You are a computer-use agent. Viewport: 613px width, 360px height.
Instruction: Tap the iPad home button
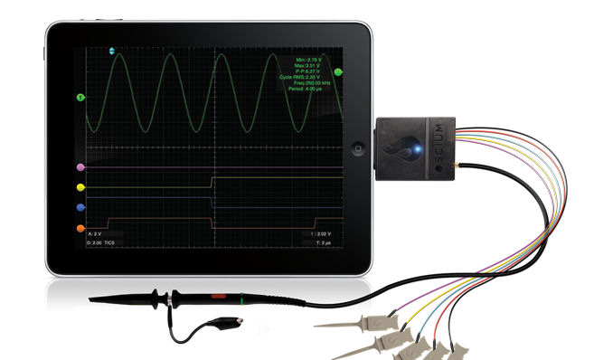coord(359,147)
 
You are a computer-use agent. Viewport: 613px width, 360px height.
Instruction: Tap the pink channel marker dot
coord(81,167)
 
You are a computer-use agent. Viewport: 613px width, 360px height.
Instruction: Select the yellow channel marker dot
coord(81,188)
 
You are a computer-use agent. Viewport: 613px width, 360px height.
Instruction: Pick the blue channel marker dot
coord(81,208)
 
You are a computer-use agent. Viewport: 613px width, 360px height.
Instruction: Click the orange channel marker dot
coord(81,228)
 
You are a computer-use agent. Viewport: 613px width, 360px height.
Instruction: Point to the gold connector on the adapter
coord(462,169)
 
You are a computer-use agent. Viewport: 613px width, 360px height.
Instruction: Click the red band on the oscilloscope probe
coord(217,295)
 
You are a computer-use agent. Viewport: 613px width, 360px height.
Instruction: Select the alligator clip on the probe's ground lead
coord(237,319)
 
